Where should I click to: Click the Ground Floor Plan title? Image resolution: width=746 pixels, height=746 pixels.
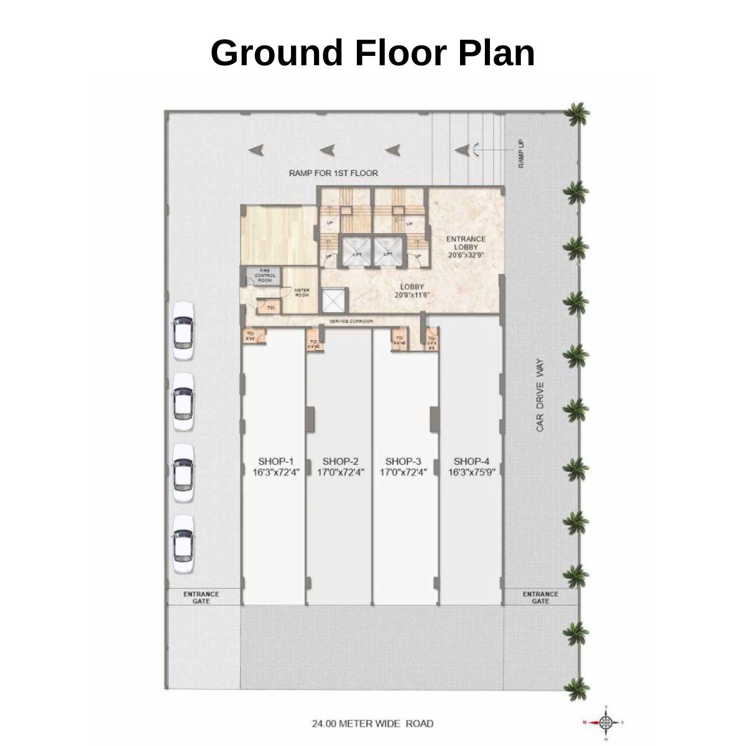pyautogui.click(x=372, y=52)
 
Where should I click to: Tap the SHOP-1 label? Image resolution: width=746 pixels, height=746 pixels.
pyautogui.click(x=275, y=461)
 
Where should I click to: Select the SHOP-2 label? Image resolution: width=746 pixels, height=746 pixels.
pyautogui.click(x=340, y=461)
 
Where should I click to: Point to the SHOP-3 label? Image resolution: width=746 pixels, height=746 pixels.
pyautogui.click(x=403, y=461)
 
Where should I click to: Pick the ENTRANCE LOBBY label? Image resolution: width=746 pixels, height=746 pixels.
pyautogui.click(x=466, y=243)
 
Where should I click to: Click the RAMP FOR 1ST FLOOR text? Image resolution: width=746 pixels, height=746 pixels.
pyautogui.click(x=333, y=173)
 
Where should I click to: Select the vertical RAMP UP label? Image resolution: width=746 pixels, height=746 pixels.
pyautogui.click(x=522, y=153)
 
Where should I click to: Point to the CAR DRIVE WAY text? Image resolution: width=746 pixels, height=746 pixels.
pyautogui.click(x=540, y=395)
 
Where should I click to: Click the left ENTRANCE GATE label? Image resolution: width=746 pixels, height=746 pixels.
pyautogui.click(x=201, y=597)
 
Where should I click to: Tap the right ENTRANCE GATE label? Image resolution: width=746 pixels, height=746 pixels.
pyautogui.click(x=540, y=597)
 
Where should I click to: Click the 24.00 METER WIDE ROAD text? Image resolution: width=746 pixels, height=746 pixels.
pyautogui.click(x=372, y=724)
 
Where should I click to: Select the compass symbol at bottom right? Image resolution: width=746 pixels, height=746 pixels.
pyautogui.click(x=606, y=722)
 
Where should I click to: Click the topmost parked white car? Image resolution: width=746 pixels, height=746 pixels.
pyautogui.click(x=183, y=332)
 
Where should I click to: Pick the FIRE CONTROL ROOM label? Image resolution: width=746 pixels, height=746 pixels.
pyautogui.click(x=265, y=275)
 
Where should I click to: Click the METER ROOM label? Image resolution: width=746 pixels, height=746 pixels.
pyautogui.click(x=302, y=292)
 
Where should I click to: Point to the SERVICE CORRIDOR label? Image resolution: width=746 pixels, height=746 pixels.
pyautogui.click(x=351, y=321)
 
